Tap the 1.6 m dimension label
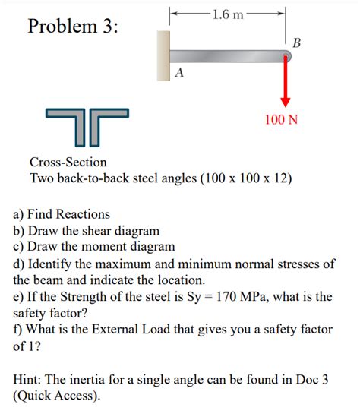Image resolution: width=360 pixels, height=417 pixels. point(227,14)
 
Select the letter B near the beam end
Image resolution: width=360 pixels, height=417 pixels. point(296,43)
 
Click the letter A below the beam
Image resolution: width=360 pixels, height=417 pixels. point(178,73)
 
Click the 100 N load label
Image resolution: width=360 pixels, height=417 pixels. point(281,120)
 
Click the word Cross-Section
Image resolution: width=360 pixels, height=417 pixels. point(68,162)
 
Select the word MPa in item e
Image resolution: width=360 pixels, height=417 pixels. point(268,296)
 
